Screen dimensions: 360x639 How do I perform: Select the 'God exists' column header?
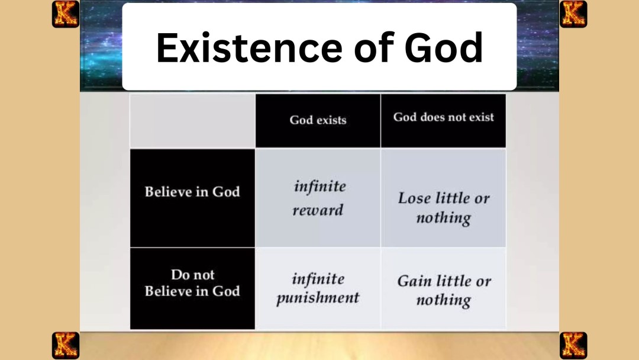tap(318, 120)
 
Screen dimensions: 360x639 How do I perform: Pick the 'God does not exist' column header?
tap(443, 117)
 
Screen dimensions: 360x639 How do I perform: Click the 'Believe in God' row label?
tap(192, 192)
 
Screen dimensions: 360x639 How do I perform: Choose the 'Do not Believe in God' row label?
tap(192, 283)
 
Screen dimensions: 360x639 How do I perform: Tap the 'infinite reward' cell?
tap(318, 198)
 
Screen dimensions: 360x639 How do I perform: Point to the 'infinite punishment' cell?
tap(318, 288)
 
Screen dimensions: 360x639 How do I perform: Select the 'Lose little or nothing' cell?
tap(443, 207)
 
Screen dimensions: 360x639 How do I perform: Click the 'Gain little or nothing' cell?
tap(443, 290)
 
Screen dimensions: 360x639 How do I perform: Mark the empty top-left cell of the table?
tap(192, 120)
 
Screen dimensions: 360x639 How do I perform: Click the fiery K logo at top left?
tap(65, 14)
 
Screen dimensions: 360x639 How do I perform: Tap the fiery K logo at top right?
tap(573, 14)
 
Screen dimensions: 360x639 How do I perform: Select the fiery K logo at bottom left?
tap(65, 345)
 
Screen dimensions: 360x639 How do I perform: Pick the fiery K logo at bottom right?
tap(573, 345)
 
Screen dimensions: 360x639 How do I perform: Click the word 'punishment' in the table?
tap(318, 297)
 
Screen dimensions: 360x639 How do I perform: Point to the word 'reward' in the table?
tap(318, 210)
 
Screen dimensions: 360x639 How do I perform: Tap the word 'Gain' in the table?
tap(414, 281)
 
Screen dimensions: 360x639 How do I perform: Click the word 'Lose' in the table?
tap(414, 198)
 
